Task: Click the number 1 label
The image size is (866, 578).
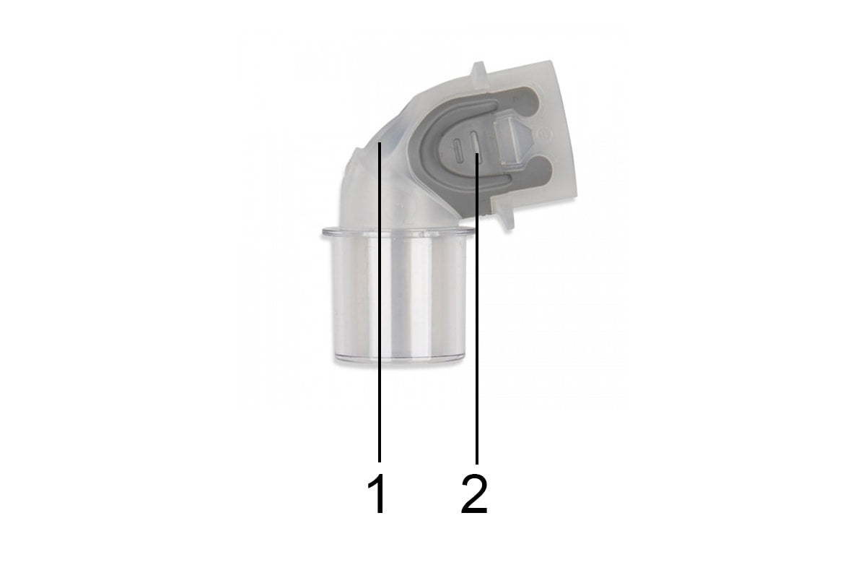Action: click(377, 495)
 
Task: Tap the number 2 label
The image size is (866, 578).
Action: click(474, 495)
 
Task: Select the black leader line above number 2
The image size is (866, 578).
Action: click(476, 325)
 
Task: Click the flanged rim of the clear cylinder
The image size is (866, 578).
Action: click(396, 233)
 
